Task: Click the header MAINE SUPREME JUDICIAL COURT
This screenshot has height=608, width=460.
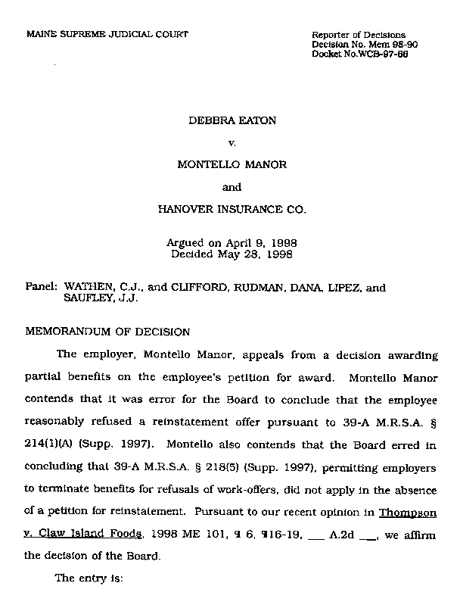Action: (107, 35)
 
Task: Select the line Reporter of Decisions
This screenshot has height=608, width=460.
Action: (359, 36)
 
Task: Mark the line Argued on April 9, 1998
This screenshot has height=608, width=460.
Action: (232, 243)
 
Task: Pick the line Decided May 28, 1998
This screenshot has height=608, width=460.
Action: (232, 254)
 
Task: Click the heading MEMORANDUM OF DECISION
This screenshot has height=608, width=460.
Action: (108, 332)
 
